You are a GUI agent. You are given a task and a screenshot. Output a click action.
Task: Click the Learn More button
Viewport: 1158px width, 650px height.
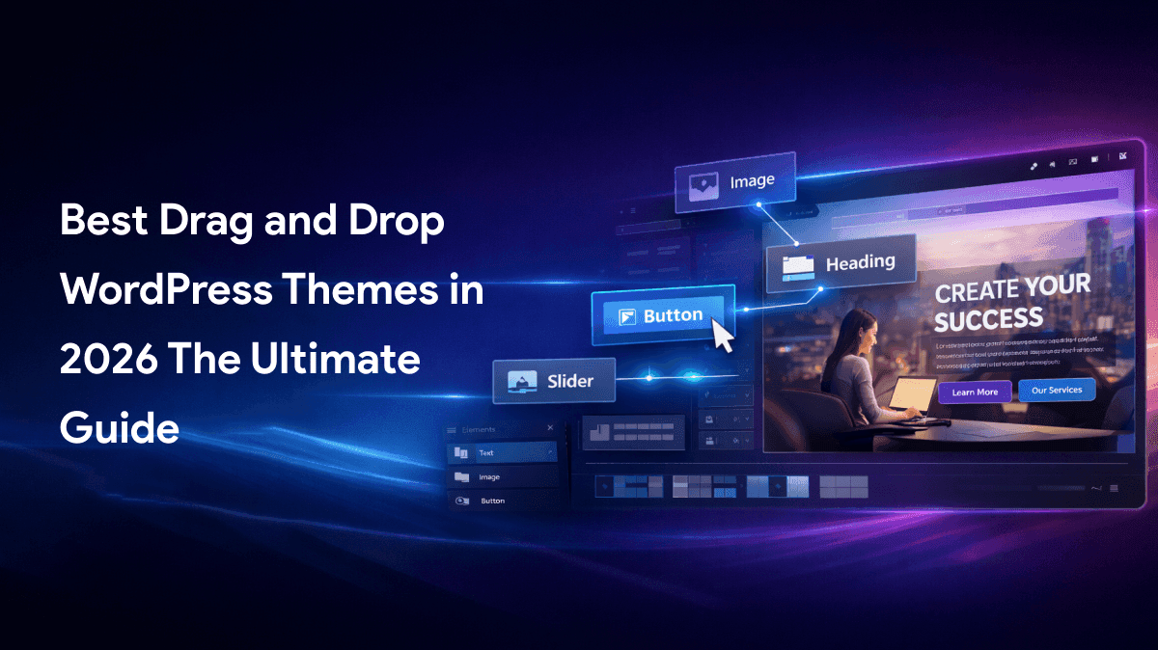pos(975,393)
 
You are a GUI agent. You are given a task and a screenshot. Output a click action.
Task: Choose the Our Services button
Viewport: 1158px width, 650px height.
pos(1057,391)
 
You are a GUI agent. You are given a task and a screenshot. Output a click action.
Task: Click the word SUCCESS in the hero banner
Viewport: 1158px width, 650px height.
pos(988,317)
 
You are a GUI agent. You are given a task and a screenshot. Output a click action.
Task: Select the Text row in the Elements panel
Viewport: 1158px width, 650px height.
pos(502,452)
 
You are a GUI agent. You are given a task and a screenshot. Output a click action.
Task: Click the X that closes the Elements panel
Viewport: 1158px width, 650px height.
pos(550,428)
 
